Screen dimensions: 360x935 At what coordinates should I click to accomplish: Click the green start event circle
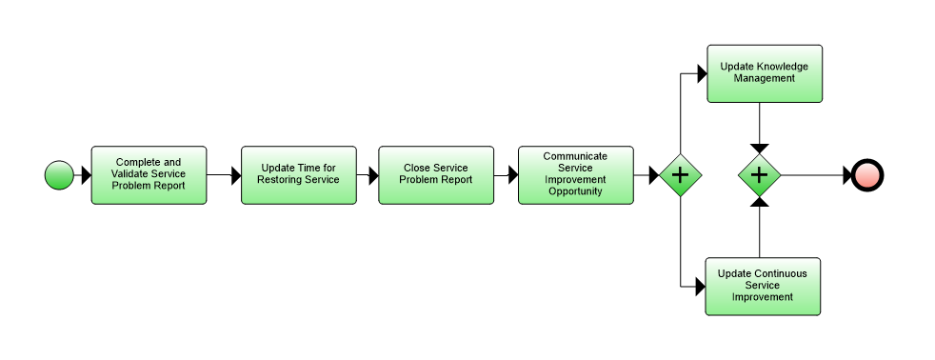click(59, 175)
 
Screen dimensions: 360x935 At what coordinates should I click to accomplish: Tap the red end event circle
click(868, 175)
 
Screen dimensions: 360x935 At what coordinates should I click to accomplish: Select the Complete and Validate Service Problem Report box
click(149, 175)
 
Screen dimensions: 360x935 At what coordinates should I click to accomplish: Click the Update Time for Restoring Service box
click(299, 175)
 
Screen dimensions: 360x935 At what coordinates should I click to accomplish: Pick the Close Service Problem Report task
click(436, 175)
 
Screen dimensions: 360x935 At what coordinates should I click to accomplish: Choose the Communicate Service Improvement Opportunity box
click(575, 175)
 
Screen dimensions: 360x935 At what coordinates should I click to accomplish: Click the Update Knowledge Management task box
click(764, 73)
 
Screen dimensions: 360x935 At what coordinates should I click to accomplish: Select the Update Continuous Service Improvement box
click(762, 286)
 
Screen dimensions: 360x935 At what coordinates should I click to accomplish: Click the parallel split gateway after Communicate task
click(680, 175)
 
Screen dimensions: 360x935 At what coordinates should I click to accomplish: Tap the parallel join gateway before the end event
click(760, 175)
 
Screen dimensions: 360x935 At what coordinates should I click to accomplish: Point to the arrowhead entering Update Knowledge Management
click(700, 73)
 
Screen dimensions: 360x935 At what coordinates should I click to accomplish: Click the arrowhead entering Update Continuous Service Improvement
click(699, 286)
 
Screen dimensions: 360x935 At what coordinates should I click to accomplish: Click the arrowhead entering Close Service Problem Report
click(372, 175)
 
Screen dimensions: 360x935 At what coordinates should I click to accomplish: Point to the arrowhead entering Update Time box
click(235, 175)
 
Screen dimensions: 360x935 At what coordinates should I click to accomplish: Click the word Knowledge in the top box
click(783, 67)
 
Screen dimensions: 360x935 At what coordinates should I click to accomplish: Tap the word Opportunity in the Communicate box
click(575, 190)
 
